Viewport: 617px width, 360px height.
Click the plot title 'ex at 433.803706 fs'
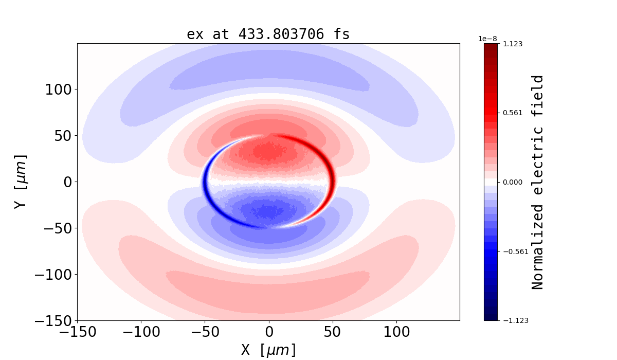(268, 34)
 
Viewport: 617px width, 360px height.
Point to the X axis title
(268, 350)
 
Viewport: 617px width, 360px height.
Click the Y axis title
(21, 182)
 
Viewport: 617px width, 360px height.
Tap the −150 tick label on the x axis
(77, 332)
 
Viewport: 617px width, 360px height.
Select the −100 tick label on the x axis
(141, 332)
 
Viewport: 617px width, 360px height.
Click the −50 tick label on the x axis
(205, 332)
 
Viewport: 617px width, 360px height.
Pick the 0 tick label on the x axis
(268, 332)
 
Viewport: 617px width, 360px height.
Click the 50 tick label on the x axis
(333, 332)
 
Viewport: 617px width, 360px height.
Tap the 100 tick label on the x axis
(396, 332)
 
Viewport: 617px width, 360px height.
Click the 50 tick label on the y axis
(63, 136)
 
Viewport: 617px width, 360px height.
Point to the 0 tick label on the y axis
(67, 182)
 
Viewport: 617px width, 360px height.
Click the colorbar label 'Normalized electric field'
(538, 182)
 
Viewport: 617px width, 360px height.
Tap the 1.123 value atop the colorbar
(512, 44)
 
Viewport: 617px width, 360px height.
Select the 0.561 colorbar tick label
(512, 113)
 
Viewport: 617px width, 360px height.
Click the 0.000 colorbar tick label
(512, 182)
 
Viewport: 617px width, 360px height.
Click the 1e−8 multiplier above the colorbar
(487, 39)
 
